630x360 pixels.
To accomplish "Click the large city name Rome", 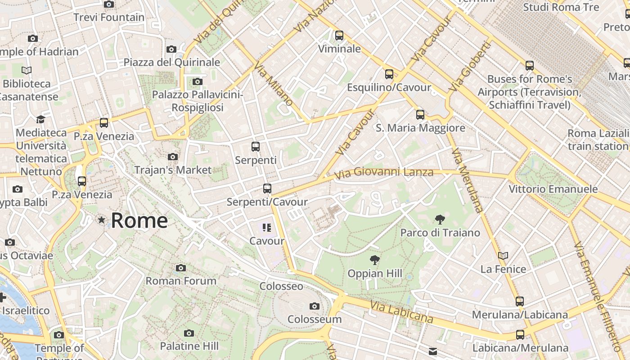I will point(139,220).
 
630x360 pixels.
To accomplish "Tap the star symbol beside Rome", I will point(102,220).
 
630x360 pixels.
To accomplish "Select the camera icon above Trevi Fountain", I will point(109,4).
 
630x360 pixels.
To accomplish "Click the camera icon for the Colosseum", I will point(315,306).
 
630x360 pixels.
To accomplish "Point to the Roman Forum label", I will point(181,281).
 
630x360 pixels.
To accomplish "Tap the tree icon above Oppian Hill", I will point(374,260).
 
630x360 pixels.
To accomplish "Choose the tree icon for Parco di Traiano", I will point(440,220).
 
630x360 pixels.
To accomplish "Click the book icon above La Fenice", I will point(503,256).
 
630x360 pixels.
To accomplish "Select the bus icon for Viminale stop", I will point(339,35).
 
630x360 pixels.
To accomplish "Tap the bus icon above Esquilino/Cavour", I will point(389,74).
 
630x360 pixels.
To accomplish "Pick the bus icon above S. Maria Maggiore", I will point(420,115).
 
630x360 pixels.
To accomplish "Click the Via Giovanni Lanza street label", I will point(384,172).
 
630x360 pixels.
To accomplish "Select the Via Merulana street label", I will point(467,180).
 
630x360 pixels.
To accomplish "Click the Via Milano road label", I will point(273,84).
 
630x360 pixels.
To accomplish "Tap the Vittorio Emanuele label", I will point(553,189).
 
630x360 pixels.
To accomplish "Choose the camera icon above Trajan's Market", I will point(172,157).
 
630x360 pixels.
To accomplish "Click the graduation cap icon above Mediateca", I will point(41,119).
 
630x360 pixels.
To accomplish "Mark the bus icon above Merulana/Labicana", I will point(520,301).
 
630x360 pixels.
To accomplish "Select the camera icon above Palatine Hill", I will point(189,333).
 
